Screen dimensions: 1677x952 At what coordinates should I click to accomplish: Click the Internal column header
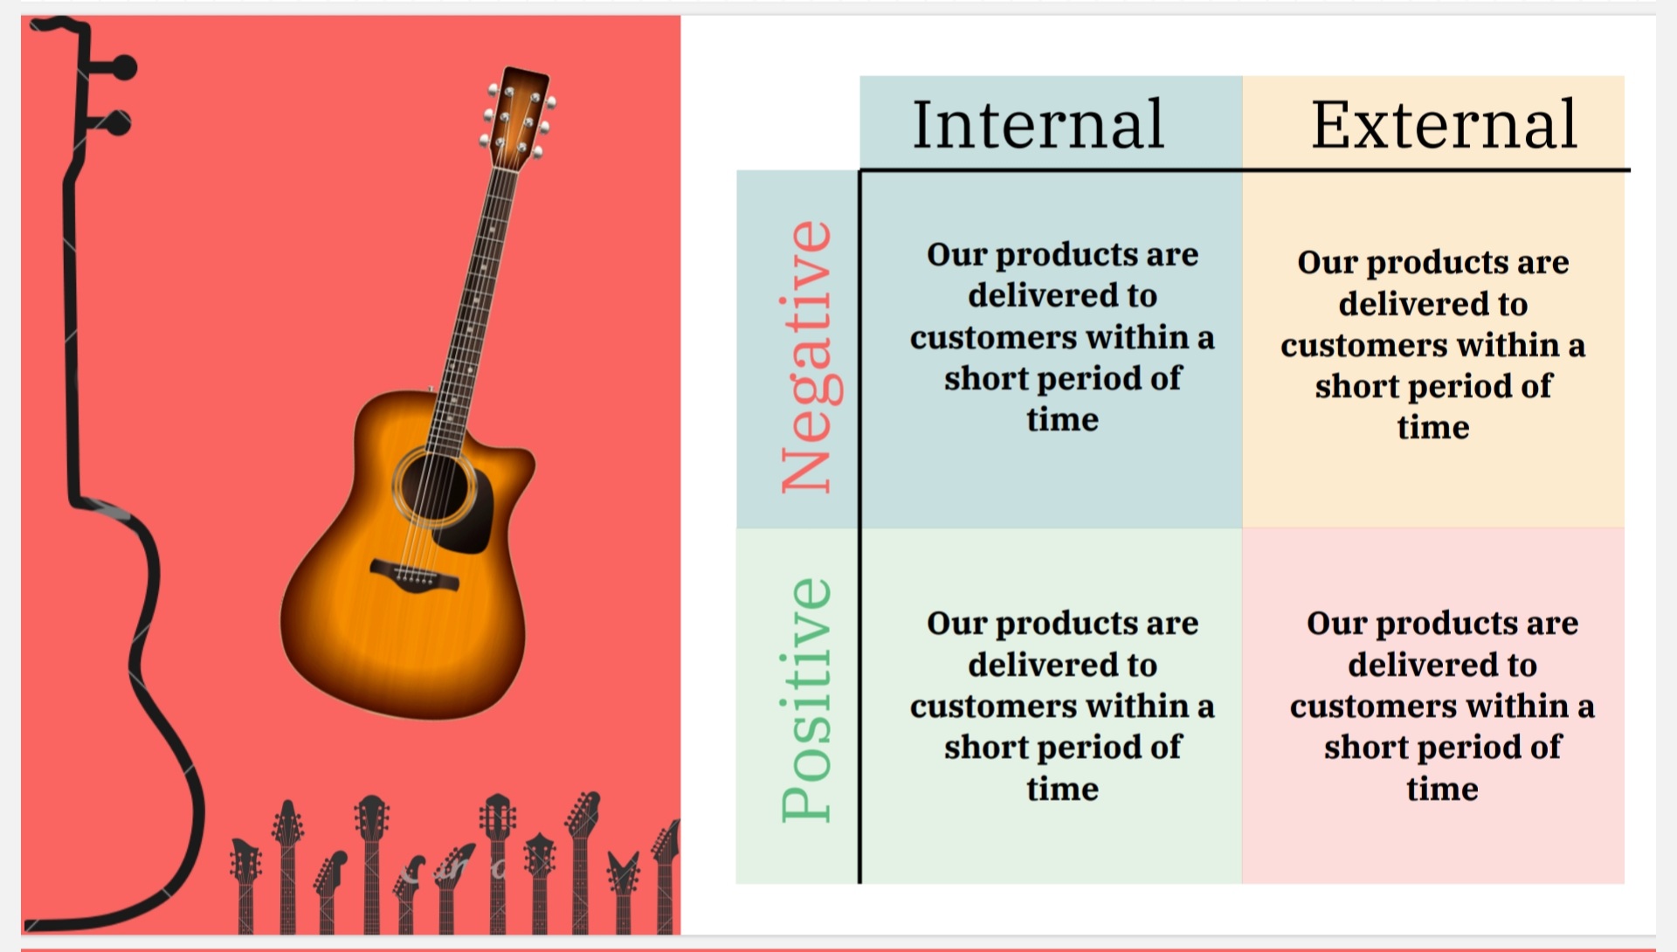1038,124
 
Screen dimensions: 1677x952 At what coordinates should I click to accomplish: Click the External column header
1444,124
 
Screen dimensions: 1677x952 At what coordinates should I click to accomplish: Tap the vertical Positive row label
807,699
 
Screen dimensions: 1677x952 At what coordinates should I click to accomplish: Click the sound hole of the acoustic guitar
434,488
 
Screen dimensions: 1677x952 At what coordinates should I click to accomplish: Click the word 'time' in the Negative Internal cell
1062,420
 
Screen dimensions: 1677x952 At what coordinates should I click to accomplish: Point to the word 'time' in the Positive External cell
1442,790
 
